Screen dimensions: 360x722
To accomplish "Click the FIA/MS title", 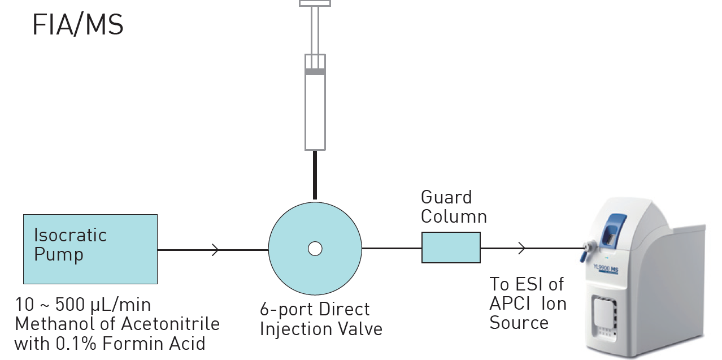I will point(77,26).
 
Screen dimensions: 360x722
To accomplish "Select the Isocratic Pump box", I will point(90,249).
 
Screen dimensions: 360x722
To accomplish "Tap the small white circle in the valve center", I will point(315,248).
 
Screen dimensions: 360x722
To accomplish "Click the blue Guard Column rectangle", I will point(451,248).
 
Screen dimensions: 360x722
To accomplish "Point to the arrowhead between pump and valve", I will point(216,249).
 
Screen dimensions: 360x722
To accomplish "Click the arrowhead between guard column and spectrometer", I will point(522,248).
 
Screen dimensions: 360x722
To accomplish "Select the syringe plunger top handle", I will point(315,3).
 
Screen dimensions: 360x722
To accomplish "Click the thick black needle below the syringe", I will point(315,175).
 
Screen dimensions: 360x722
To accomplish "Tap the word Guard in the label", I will point(446,198).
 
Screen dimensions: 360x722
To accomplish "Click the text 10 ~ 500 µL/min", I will point(82,306).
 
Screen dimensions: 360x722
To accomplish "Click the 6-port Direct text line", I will point(315,310).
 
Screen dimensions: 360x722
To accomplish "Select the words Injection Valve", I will point(320,328).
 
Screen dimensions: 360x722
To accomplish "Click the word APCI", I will point(510,303).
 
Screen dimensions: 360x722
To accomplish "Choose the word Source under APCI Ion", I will point(519,323).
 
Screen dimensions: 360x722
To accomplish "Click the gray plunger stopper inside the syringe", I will point(315,72).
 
